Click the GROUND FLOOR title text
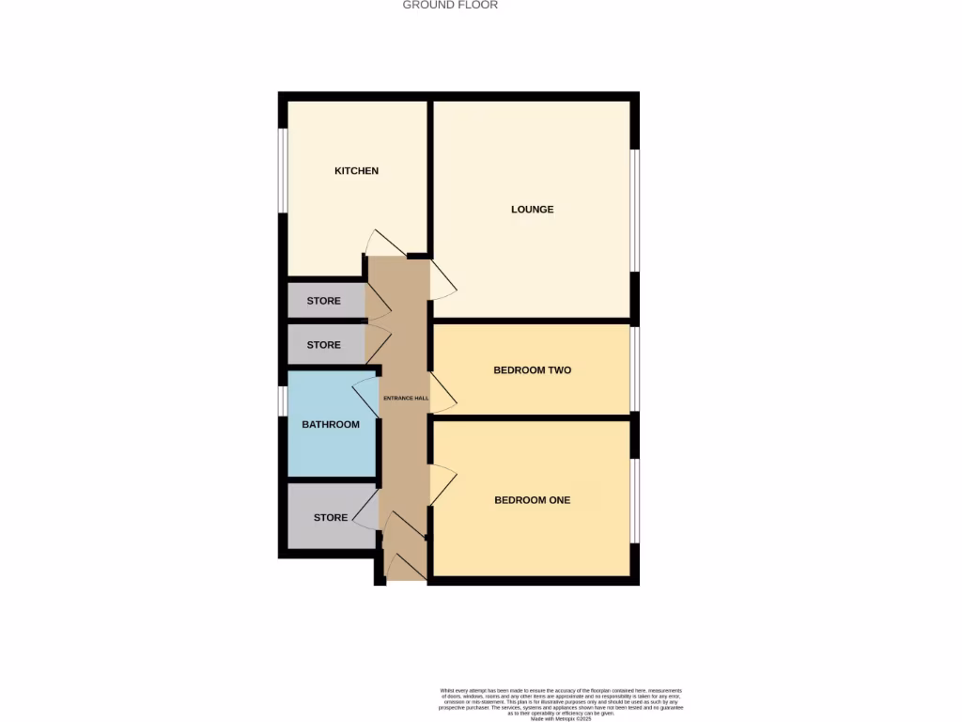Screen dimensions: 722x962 450,5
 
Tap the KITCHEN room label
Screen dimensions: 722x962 357,171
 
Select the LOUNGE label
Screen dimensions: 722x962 532,210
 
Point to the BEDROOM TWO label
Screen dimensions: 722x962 532,370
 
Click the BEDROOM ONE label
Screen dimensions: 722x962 532,500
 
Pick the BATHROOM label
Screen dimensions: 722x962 331,425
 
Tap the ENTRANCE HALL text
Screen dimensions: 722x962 406,399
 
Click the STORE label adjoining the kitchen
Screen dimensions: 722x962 323,301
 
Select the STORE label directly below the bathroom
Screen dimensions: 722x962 331,518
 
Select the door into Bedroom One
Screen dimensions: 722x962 443,485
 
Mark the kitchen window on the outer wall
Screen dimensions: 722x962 281,170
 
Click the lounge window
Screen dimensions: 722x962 635,211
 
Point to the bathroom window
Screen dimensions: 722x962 281,400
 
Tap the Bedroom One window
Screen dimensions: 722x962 635,500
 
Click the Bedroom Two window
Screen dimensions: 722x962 635,369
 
